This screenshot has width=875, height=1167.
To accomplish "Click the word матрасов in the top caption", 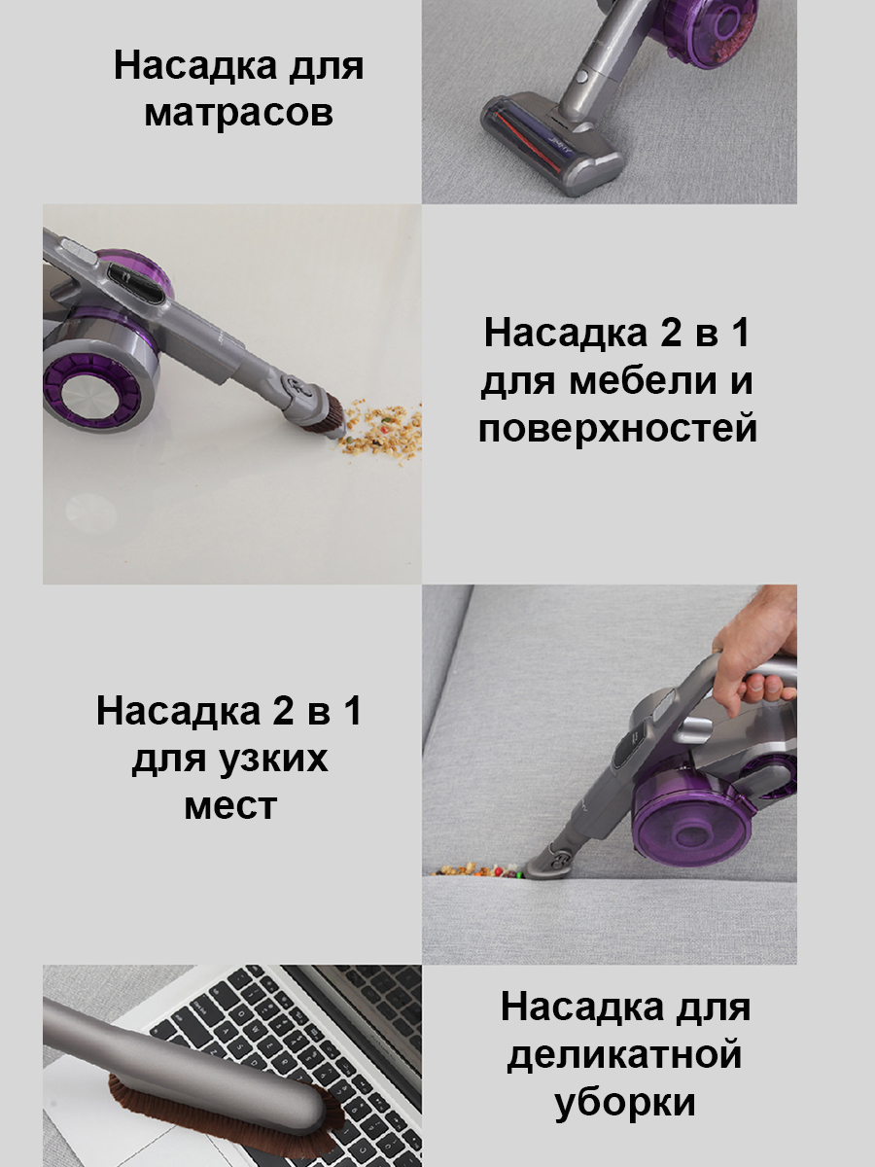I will click(238, 114).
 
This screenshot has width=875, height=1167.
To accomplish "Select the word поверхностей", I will click(617, 428).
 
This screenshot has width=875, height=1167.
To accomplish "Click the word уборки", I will click(625, 1103).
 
